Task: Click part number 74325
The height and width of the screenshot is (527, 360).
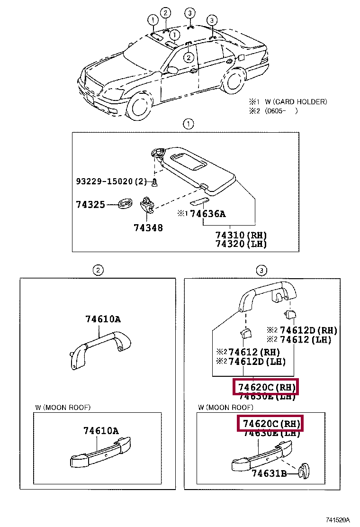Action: [x=90, y=205]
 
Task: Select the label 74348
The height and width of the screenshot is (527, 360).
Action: [x=148, y=228]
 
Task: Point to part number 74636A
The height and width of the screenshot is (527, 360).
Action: [x=207, y=214]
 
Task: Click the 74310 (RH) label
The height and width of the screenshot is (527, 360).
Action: [x=241, y=235]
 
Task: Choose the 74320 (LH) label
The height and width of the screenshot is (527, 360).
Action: [x=241, y=244]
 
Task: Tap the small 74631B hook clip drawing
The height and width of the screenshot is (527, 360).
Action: [x=302, y=470]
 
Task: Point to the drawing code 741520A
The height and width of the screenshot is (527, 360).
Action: [x=337, y=520]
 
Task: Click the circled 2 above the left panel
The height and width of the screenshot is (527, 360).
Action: [x=97, y=270]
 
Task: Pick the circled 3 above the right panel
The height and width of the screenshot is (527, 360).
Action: [x=261, y=270]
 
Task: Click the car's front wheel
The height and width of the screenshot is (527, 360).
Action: [x=138, y=105]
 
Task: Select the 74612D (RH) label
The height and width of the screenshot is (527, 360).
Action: [x=308, y=330]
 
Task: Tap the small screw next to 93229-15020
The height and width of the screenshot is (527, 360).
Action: [x=155, y=182]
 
